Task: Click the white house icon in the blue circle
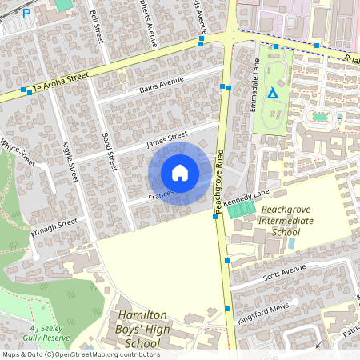tap(180, 173)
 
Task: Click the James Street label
tap(166, 139)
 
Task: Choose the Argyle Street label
tap(70, 160)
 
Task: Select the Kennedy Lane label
tap(248, 198)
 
